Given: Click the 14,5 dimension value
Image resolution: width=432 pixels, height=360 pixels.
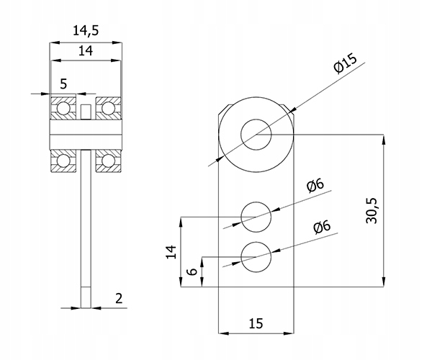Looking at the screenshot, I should tap(85, 31).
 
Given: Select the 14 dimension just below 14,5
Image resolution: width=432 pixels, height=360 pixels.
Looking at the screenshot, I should tap(85, 51).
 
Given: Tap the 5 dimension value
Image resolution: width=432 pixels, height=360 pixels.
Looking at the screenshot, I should tap(63, 84).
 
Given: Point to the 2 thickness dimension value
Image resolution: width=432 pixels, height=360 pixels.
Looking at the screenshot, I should tap(118, 297).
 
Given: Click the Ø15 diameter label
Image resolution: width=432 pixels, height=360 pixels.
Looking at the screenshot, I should tap(346, 68).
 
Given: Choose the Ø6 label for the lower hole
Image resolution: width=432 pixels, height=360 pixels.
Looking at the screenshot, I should tap(321, 228).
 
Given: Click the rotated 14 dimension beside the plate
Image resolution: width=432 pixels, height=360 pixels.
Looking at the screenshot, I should tap(171, 251).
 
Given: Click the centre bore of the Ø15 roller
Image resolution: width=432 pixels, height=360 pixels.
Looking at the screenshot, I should tap(256, 134).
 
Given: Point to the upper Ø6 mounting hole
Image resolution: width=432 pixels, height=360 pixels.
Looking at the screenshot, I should tap(256, 216).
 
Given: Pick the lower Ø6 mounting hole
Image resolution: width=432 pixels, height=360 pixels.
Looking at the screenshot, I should tap(256, 257).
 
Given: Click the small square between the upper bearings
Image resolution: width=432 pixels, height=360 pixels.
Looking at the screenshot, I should tap(86, 112).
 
